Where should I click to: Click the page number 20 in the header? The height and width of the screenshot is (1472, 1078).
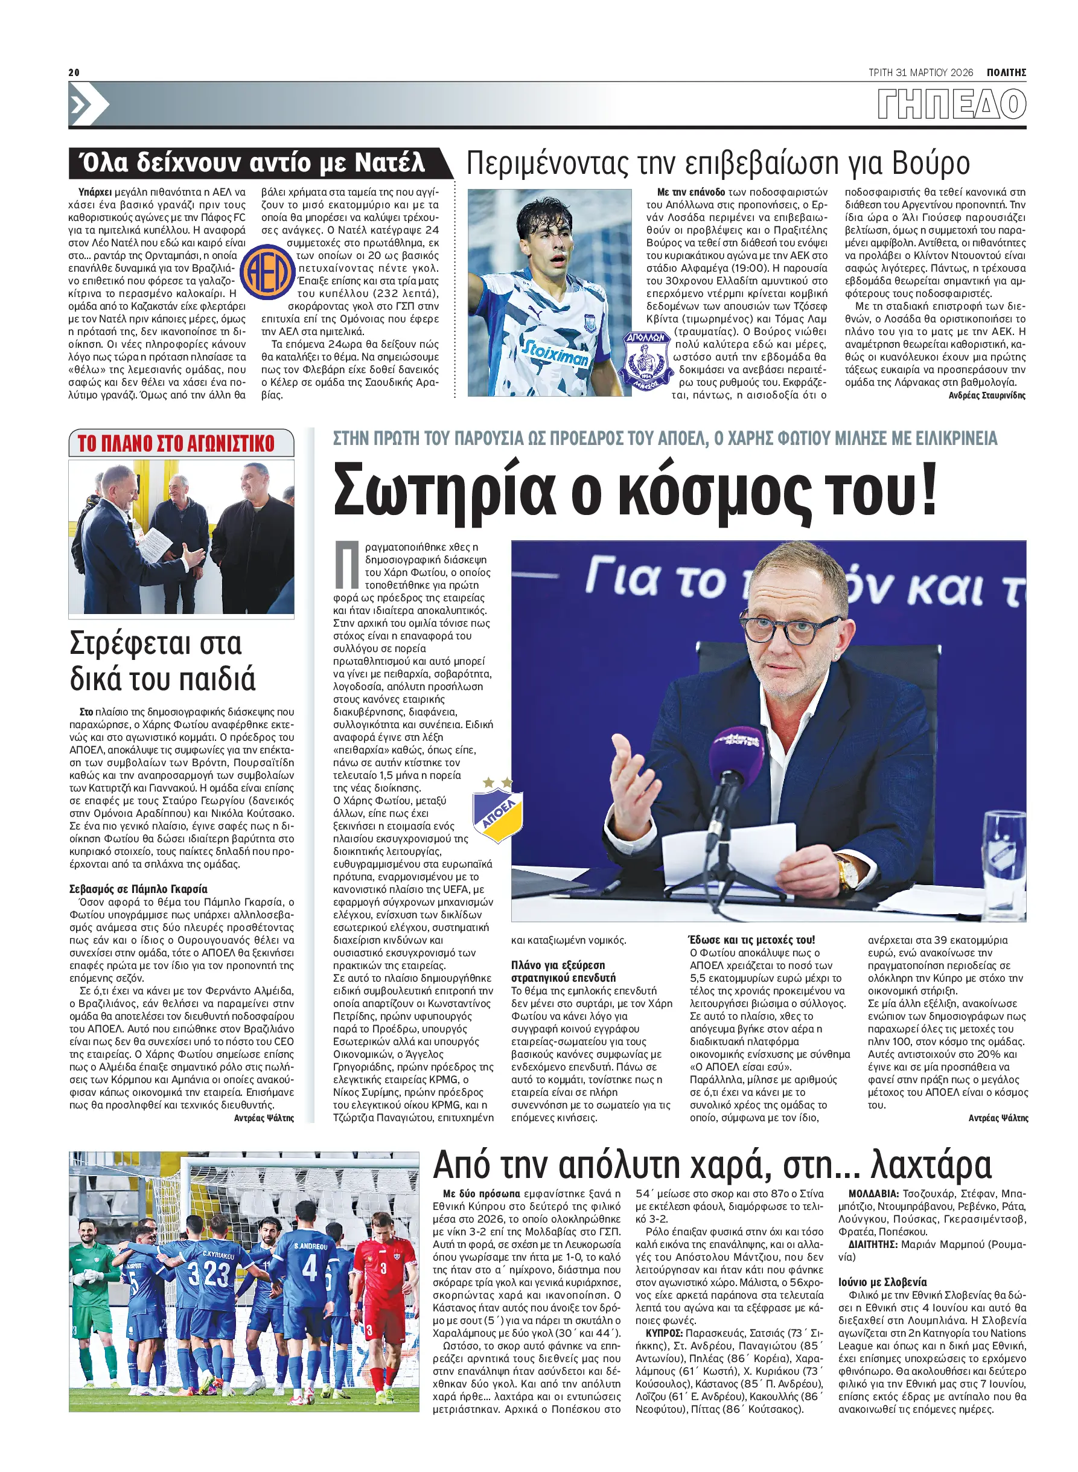pos(74,72)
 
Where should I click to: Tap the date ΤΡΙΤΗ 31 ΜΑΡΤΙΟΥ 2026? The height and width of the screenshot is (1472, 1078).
pos(920,72)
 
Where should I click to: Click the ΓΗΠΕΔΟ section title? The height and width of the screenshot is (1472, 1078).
pos(951,104)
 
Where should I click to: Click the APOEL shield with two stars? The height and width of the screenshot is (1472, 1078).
pos(498,811)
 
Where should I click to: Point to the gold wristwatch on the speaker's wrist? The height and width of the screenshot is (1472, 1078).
pos(847,874)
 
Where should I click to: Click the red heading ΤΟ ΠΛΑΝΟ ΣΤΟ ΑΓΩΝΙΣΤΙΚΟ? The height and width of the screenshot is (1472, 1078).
pos(176,444)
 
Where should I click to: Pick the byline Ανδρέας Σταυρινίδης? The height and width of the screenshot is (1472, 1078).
pos(987,395)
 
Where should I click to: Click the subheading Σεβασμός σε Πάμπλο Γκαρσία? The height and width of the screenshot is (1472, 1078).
pos(138,889)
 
